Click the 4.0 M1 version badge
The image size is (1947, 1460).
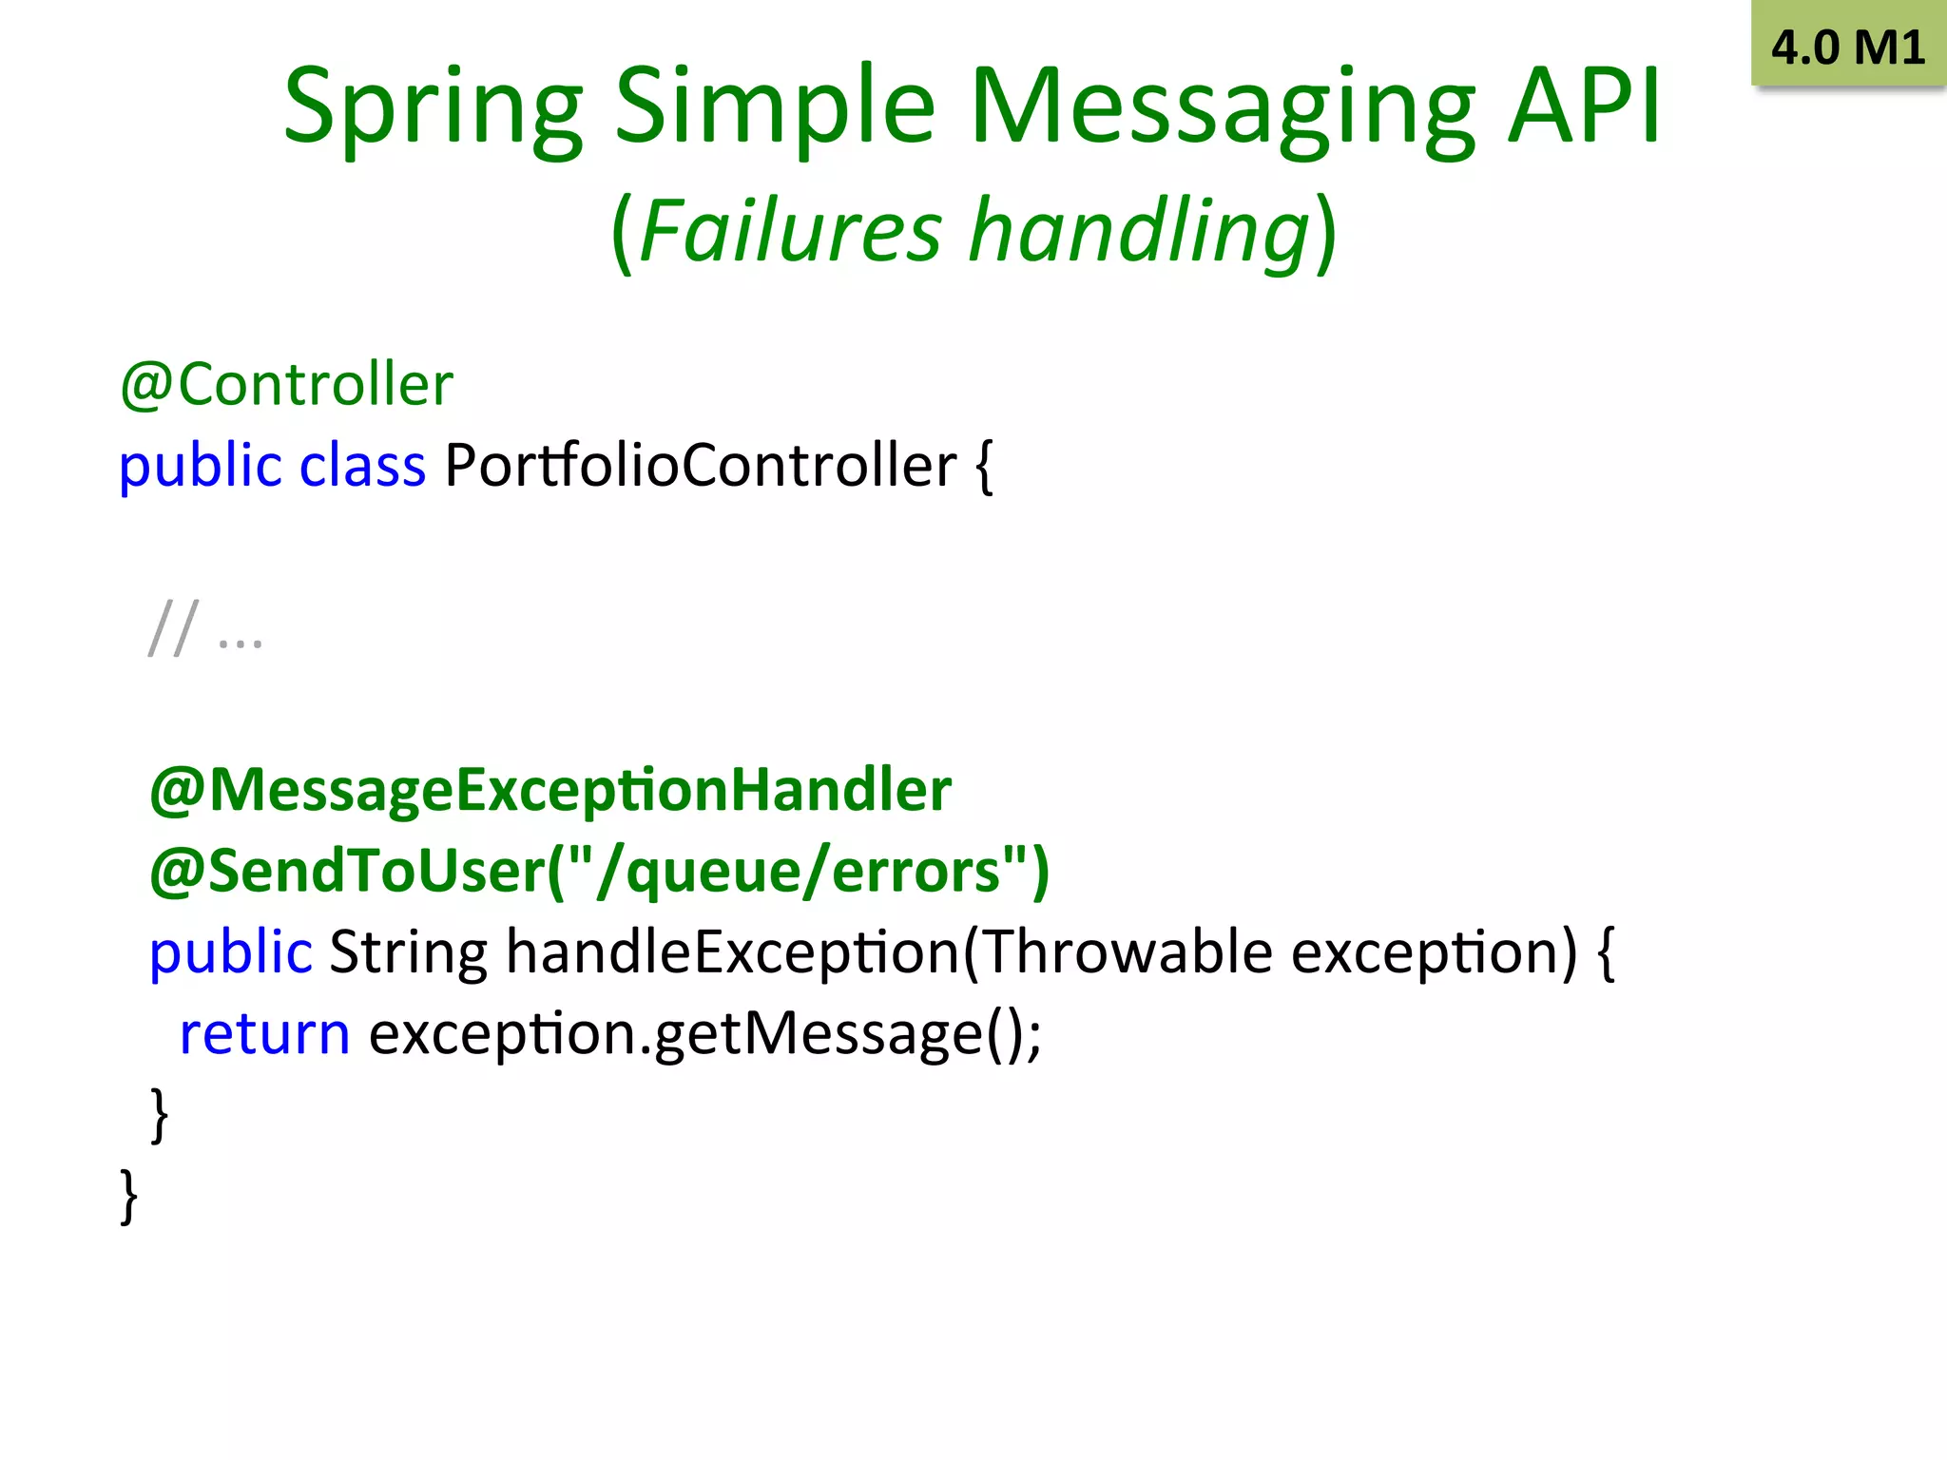coord(1847,46)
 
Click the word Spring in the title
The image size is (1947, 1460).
coord(433,106)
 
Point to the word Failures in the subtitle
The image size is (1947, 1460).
coord(790,231)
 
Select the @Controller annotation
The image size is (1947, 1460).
coord(286,385)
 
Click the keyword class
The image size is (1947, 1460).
coord(362,466)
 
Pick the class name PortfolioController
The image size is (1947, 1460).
coord(700,466)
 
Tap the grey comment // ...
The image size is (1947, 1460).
coord(174,628)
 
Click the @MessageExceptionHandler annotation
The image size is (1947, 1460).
coord(550,790)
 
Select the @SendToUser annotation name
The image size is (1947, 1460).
coord(348,871)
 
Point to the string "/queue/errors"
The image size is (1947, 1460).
coord(799,871)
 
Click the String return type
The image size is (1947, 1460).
coord(408,951)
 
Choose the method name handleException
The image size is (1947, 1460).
coord(733,951)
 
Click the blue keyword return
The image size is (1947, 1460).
coord(264,1033)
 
